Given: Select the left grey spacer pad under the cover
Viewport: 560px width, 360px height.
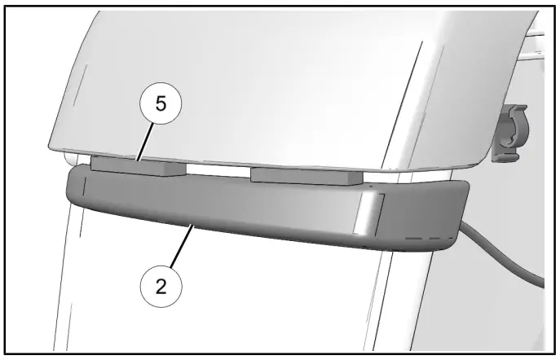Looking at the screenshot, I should click(137, 166).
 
